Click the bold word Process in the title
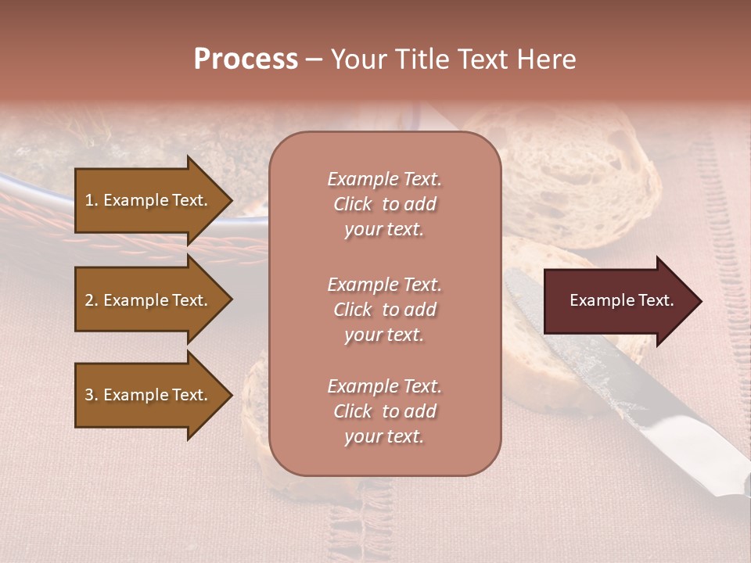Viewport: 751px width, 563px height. point(246,59)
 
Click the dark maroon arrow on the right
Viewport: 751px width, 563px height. point(618,300)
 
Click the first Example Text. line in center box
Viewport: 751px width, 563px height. point(384,179)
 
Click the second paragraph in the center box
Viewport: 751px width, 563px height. point(384,310)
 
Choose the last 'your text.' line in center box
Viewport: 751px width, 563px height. point(384,436)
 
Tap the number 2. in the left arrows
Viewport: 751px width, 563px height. point(92,300)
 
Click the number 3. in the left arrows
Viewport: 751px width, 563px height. point(92,395)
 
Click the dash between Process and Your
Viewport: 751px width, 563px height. point(314,59)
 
